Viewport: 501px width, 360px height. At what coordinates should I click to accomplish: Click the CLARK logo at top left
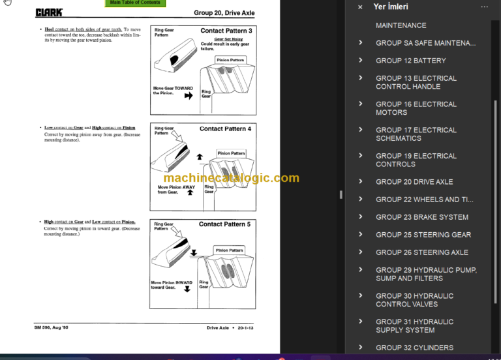[49, 12]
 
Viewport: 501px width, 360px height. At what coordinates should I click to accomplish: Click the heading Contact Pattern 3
[226, 31]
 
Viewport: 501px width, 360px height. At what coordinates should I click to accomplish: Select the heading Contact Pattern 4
[225, 128]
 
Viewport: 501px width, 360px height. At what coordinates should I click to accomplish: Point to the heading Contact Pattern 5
[224, 224]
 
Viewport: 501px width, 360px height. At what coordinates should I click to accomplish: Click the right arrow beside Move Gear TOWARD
[189, 95]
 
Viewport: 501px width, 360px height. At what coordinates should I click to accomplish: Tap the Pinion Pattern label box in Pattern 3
[230, 60]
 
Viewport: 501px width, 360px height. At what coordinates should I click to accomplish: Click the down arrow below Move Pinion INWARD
[187, 288]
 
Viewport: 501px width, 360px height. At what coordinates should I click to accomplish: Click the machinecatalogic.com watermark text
[231, 178]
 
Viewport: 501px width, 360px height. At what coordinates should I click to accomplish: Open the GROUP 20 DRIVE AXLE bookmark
[414, 182]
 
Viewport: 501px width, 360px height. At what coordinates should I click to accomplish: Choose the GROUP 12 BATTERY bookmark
[411, 61]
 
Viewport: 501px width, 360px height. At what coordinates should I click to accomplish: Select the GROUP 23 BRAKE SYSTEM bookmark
[422, 217]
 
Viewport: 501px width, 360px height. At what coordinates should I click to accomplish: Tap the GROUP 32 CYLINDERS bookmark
[414, 348]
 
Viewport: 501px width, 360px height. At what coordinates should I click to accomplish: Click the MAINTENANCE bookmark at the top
[401, 25]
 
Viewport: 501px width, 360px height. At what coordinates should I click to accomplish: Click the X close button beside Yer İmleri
[360, 7]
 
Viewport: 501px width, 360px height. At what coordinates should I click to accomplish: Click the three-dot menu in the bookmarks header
[484, 7]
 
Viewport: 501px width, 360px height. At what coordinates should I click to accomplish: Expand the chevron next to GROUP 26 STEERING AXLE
[361, 252]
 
